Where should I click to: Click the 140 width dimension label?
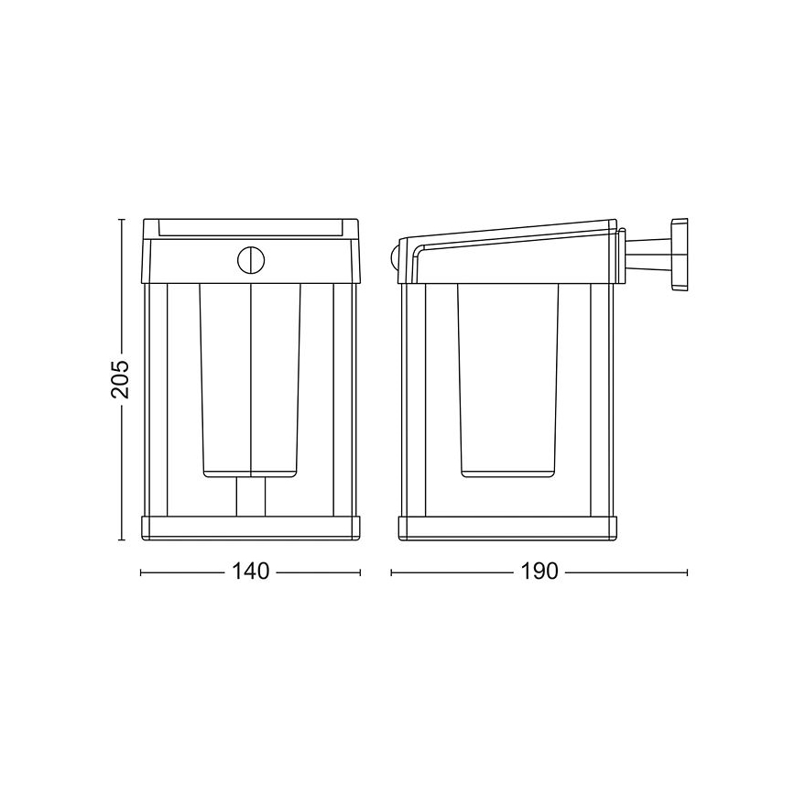(251, 572)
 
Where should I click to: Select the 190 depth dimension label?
(540, 572)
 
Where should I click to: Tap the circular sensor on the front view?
(250, 259)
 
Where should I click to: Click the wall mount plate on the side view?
(679, 254)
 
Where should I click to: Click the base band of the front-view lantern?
(251, 528)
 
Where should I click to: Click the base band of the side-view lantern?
(509, 528)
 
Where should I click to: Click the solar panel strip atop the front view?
(251, 226)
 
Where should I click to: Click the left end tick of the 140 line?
(140, 572)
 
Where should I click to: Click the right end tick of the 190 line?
(687, 572)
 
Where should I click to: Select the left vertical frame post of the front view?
(158, 398)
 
